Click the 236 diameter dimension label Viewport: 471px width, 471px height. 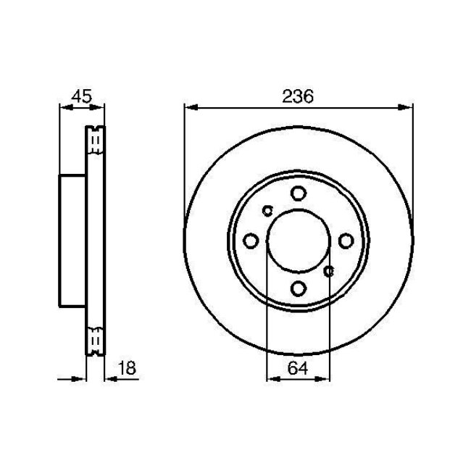[x=298, y=97]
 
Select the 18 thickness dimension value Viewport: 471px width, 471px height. [x=126, y=369]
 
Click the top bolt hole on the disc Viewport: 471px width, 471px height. [x=298, y=193]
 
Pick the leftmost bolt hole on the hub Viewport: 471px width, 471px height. [x=251, y=241]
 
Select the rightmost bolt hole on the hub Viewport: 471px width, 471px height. [x=346, y=241]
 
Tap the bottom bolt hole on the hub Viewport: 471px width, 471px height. [x=298, y=288]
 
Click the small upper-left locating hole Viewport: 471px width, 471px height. [x=267, y=212]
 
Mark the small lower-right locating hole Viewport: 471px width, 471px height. [x=329, y=271]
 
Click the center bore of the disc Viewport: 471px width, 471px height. [x=298, y=241]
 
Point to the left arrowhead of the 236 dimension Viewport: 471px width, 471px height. [x=190, y=107]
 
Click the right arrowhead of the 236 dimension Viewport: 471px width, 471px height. [x=407, y=107]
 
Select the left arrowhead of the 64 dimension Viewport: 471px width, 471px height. [x=272, y=378]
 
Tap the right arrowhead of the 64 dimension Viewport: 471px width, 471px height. [x=325, y=378]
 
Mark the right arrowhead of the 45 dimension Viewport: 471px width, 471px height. [x=99, y=107]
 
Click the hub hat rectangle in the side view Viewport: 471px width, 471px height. [x=72, y=241]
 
